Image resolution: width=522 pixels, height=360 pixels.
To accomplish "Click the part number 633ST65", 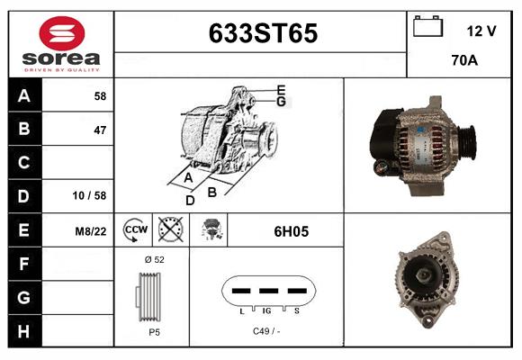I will click(263, 33).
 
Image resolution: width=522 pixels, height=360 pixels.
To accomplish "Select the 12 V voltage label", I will click(481, 31).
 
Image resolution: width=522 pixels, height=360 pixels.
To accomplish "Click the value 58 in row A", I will click(99, 96).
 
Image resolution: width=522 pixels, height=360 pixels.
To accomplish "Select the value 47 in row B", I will click(99, 130).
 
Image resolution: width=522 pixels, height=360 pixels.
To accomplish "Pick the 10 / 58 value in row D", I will click(92, 195).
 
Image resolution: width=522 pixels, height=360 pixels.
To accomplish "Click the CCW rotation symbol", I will click(135, 231).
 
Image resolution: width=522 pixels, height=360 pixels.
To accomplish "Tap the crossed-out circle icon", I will click(169, 231).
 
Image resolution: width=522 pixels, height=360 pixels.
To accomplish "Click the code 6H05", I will click(291, 231).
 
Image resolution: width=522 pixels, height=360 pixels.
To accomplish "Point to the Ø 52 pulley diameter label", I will click(154, 260).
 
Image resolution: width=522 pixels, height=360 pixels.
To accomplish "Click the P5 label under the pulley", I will click(154, 331).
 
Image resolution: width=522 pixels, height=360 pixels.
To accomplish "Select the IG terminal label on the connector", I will click(268, 310).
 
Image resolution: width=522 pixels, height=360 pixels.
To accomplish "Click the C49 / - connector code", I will click(267, 331).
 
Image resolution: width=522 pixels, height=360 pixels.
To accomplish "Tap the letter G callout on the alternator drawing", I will click(281, 102).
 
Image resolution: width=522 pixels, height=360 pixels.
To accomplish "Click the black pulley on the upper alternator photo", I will click(468, 141).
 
